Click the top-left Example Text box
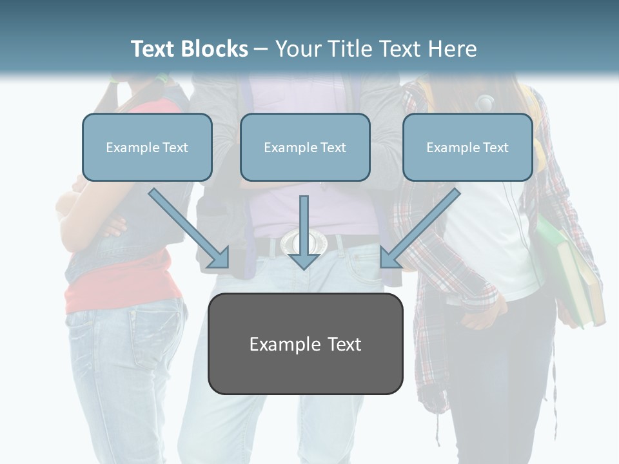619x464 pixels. coord(147,148)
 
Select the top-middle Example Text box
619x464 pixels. coord(305,148)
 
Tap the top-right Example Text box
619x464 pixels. coord(467,148)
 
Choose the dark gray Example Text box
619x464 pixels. coord(305,343)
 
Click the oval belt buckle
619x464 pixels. coord(303,242)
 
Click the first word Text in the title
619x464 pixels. coord(155,49)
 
